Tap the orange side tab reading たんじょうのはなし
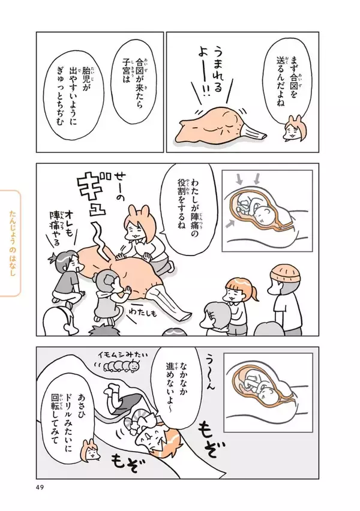pos(11,244)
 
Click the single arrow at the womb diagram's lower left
pos(230,224)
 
